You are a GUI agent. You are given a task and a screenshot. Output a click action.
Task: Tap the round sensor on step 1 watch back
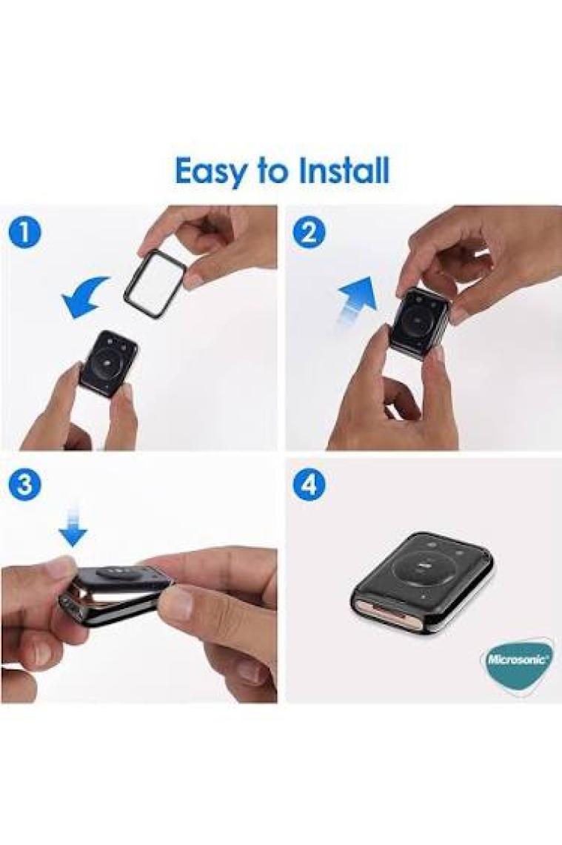click(108, 360)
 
